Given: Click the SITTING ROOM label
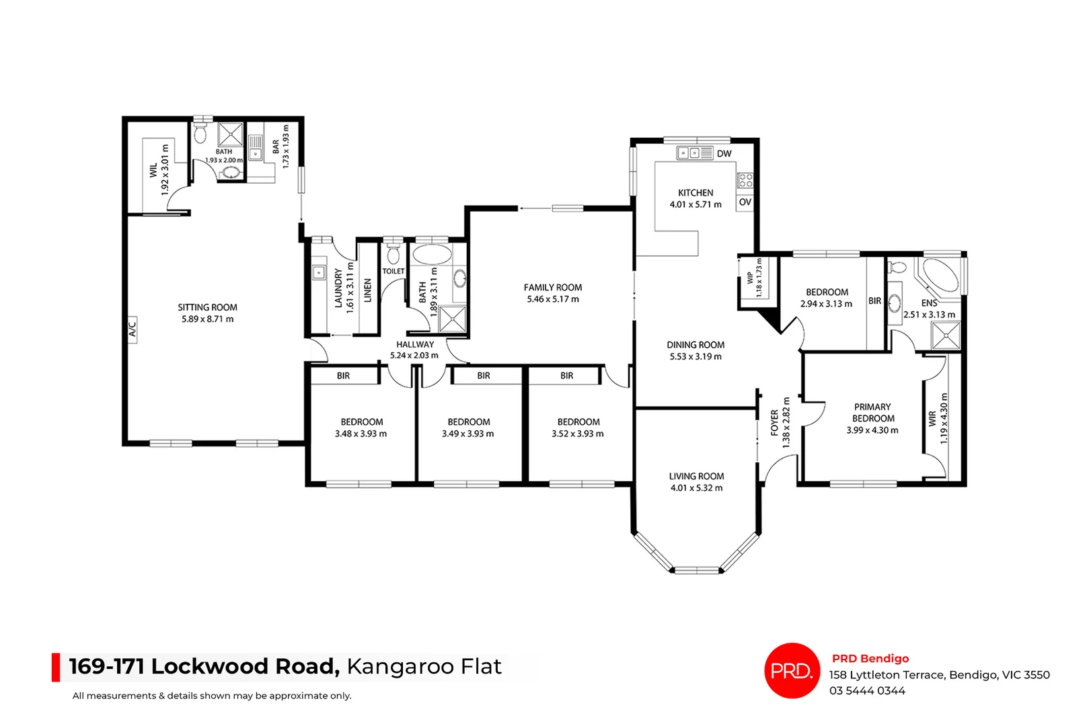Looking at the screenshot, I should click(x=207, y=307).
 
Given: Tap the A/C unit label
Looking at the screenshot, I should click(x=133, y=329).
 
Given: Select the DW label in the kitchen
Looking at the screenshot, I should click(x=724, y=154).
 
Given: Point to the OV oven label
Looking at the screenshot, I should click(x=745, y=202).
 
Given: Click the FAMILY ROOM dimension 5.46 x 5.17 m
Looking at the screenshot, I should click(x=552, y=299).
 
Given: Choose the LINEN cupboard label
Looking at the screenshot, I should click(x=368, y=291).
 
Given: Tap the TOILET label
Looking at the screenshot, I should click(x=393, y=272).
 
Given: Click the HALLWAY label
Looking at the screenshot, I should click(x=415, y=344).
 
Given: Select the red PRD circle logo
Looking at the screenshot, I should click(x=792, y=670).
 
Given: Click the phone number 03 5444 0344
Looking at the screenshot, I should click(x=867, y=690).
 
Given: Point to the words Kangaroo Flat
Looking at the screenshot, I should click(x=424, y=666).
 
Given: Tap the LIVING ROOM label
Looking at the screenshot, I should click(x=696, y=476).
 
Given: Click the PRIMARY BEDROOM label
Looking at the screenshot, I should click(x=872, y=412).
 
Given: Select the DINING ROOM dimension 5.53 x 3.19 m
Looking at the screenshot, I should click(x=696, y=356).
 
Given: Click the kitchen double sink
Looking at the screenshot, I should click(x=688, y=153).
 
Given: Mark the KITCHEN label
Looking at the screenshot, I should click(x=696, y=192).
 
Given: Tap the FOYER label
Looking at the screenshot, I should click(x=775, y=422).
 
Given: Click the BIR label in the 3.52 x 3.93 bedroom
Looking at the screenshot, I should click(x=567, y=376).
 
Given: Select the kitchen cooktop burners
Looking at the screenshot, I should click(x=745, y=179).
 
